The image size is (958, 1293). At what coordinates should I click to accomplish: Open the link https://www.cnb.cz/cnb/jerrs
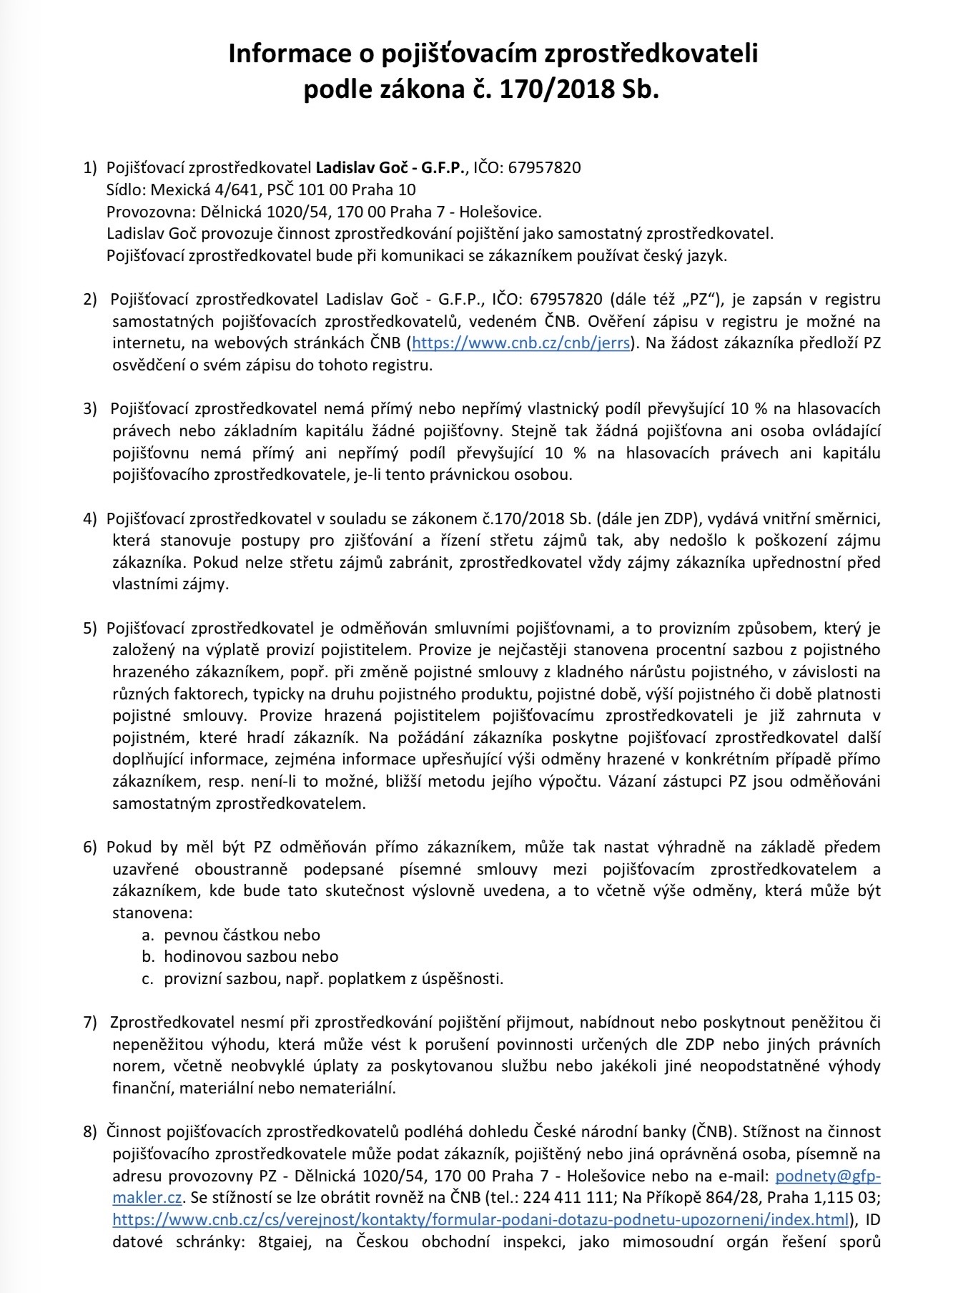pyautogui.click(x=521, y=343)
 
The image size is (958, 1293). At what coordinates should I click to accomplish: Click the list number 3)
pyautogui.click(x=90, y=409)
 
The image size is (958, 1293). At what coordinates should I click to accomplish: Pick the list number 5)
pyautogui.click(x=90, y=629)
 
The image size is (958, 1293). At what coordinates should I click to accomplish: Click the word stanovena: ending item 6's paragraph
pyautogui.click(x=152, y=913)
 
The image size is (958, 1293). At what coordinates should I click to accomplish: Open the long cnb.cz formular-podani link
pyautogui.click(x=481, y=1220)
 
